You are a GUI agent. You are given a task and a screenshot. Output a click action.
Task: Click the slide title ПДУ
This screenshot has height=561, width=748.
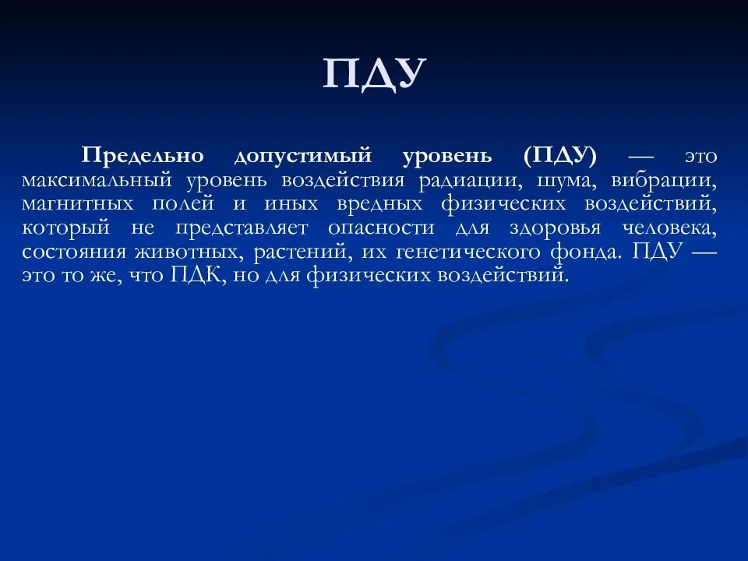click(x=375, y=74)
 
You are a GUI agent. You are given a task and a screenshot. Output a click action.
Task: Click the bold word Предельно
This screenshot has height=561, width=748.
click(x=143, y=155)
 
